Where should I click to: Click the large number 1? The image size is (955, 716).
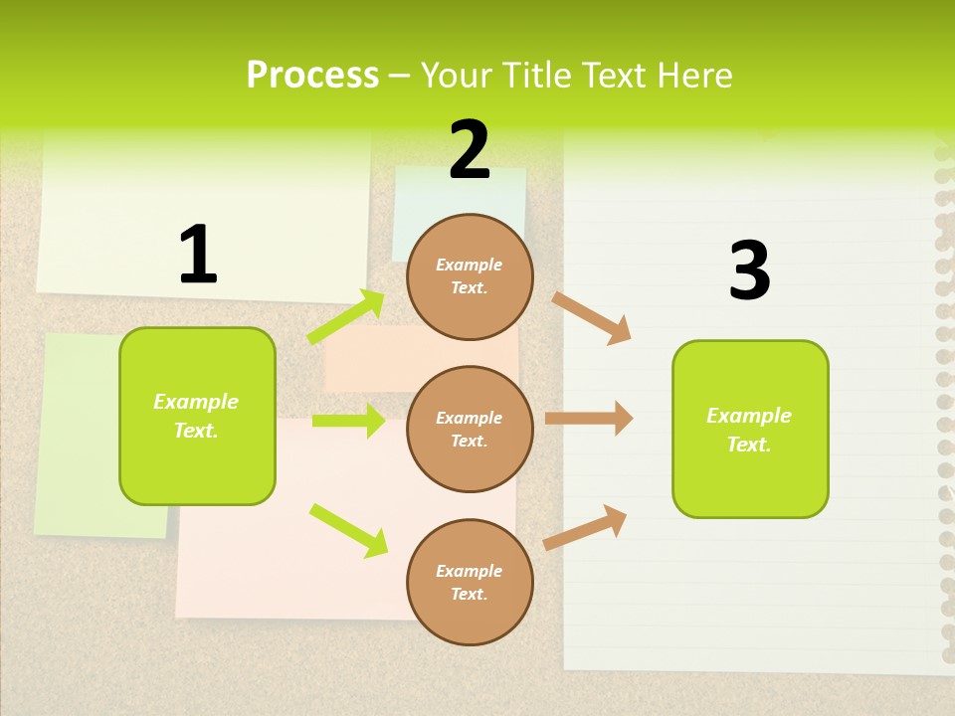198,256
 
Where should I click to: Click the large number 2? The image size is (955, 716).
470,151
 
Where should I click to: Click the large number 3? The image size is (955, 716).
749,270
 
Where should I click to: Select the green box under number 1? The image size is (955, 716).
197,416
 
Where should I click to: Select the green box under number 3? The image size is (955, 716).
750,430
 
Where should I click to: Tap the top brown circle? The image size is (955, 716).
470,276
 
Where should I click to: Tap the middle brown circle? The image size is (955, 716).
470,429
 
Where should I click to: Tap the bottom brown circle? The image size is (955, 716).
470,582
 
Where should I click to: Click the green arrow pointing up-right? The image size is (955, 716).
346,316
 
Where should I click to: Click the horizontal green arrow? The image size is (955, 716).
348,421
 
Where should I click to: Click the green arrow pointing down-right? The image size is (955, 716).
348,529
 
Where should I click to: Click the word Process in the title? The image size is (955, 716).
312,76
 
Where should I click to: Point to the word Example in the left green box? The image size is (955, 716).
196,402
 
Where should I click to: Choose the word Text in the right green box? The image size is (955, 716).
747,445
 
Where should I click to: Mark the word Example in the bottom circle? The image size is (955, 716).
470,571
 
